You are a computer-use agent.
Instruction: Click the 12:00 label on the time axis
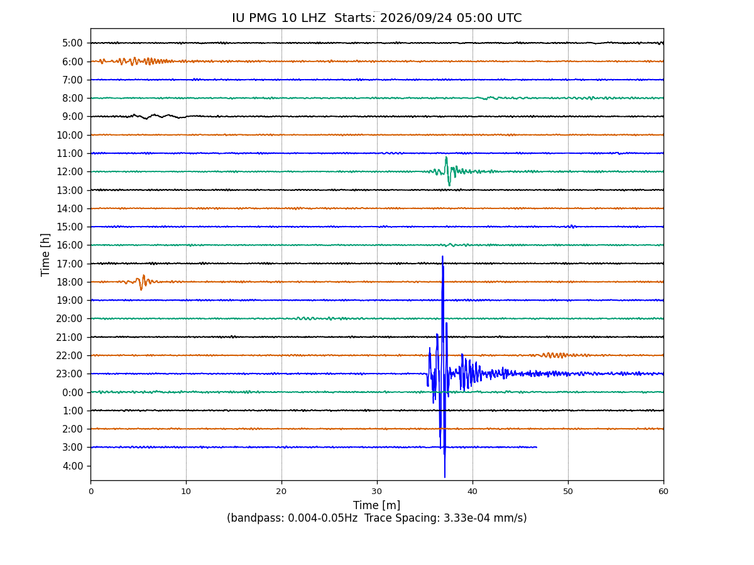pos(70,171)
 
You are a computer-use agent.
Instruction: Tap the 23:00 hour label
pos(69,374)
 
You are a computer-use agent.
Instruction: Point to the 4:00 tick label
pos(73,466)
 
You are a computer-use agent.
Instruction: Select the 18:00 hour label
pos(70,282)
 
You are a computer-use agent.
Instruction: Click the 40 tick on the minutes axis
pos(473,492)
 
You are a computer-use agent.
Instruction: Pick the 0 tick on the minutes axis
pos(91,492)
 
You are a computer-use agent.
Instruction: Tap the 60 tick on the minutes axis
pos(664,492)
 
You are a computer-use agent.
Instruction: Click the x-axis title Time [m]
pos(376,505)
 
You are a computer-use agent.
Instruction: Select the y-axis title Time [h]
pos(45,255)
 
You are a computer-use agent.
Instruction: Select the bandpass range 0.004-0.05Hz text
pos(322,518)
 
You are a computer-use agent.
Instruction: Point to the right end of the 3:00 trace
pos(537,447)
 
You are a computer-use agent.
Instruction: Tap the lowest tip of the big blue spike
pos(444,477)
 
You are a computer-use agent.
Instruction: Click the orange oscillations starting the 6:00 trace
pos(136,61)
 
